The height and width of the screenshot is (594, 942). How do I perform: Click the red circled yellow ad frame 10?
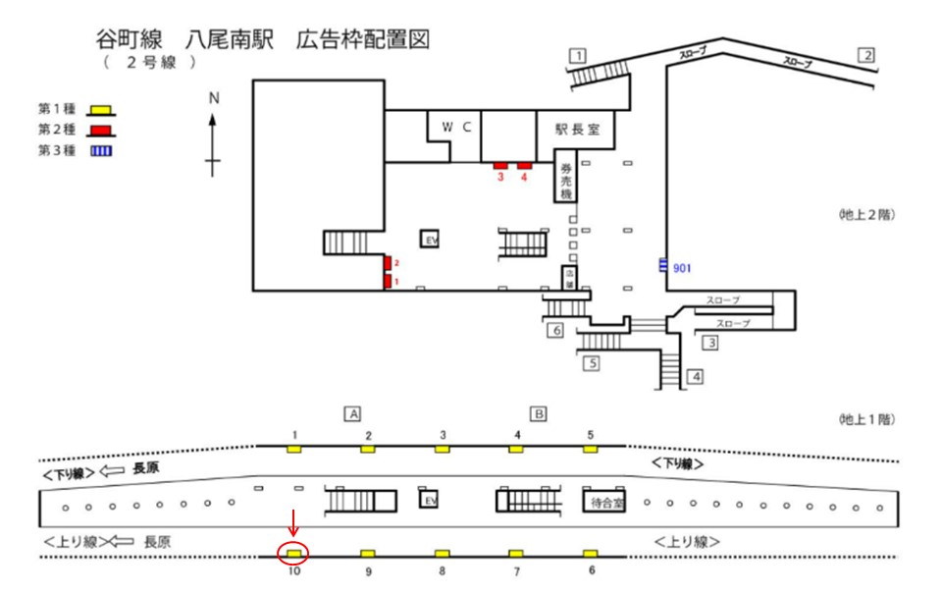pos(293,554)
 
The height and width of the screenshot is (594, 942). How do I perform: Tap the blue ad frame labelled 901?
pos(663,264)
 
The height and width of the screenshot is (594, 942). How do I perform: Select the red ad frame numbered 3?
pos(499,165)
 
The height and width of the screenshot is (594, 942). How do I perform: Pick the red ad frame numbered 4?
pos(524,165)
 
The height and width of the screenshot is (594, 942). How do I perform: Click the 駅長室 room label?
pos(576,128)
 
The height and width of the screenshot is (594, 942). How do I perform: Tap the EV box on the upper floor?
pos(429,240)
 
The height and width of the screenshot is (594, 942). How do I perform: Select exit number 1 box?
pos(580,55)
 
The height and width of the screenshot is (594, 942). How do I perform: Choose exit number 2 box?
pos(865,55)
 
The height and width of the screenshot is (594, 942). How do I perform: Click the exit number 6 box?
pos(555,331)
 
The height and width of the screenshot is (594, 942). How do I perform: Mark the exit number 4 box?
pos(695,375)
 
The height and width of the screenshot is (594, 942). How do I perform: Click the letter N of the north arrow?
pos(214,98)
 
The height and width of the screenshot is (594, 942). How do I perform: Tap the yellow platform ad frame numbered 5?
pos(590,449)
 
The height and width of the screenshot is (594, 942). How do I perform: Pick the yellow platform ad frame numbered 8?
pos(443,554)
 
